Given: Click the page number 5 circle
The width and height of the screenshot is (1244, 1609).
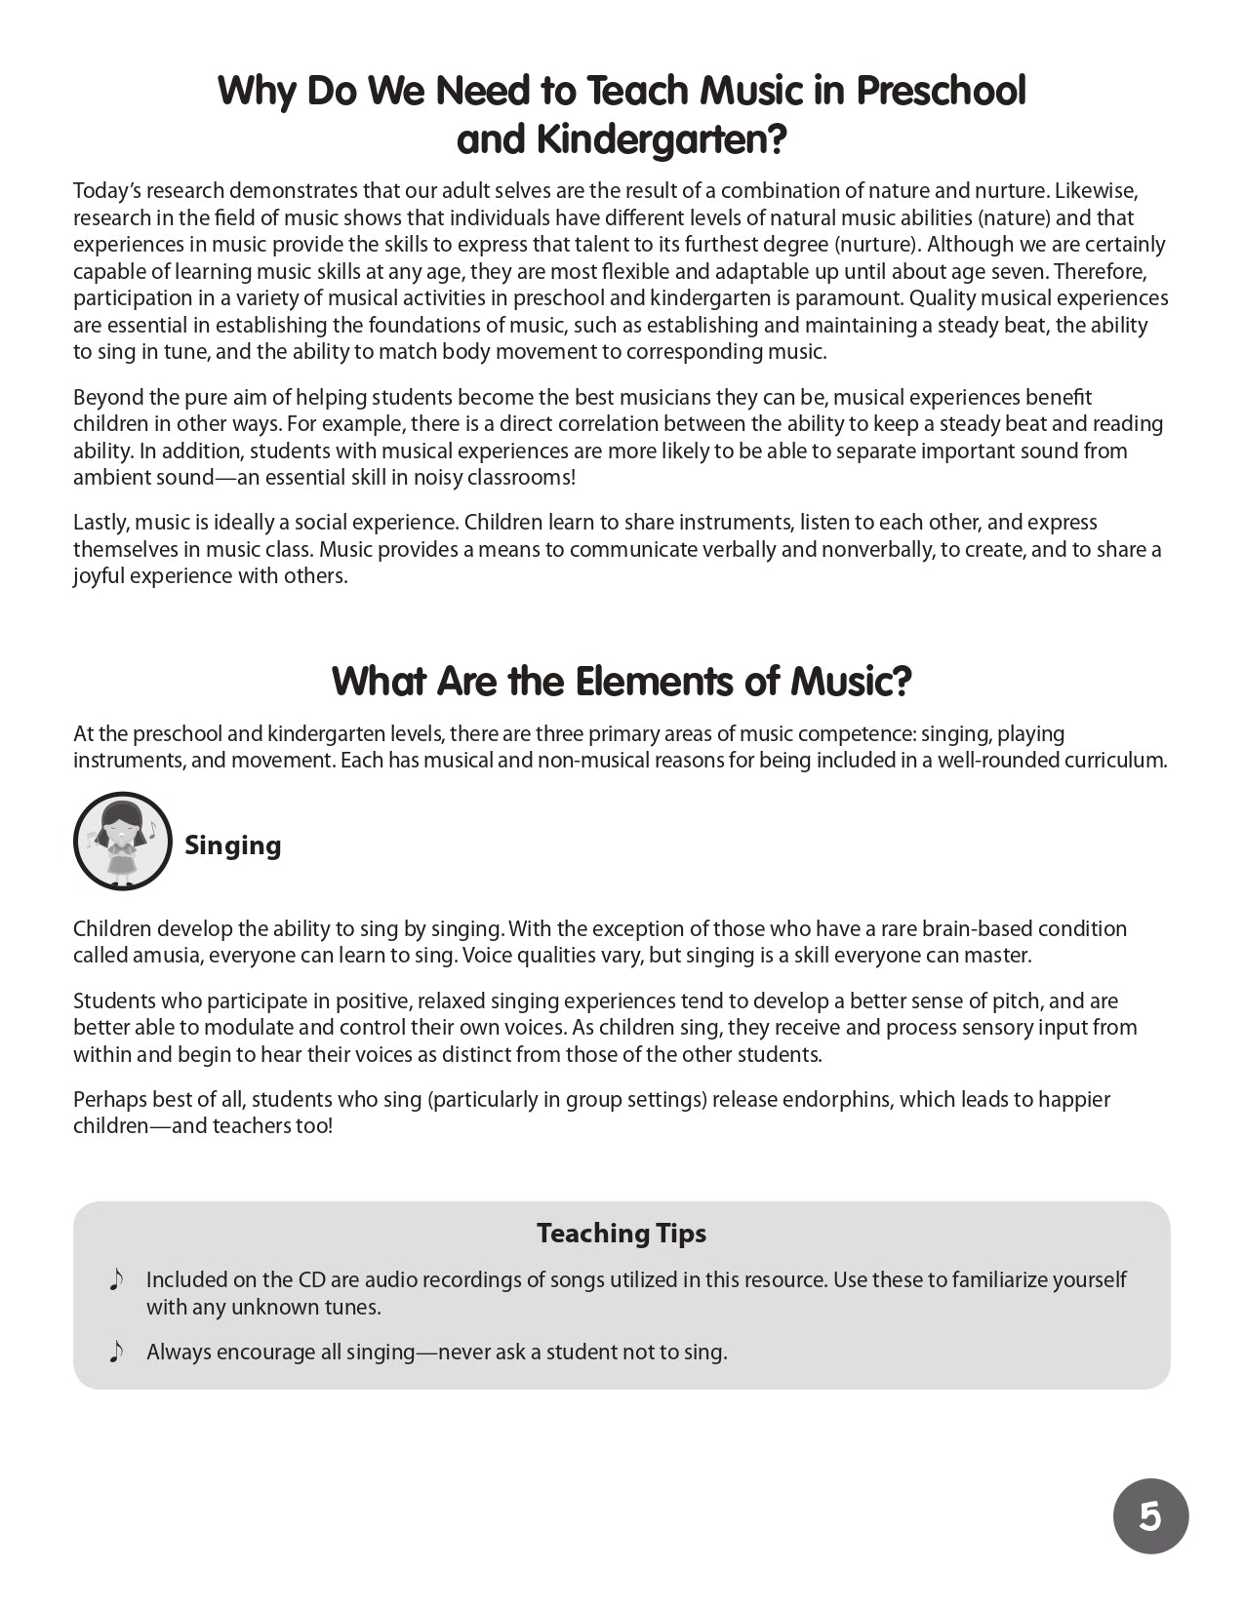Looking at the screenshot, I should pos(1150,1516).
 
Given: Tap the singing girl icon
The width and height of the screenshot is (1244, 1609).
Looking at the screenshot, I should pos(123,841).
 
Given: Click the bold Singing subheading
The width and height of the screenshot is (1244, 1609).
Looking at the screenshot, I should pos(232,844).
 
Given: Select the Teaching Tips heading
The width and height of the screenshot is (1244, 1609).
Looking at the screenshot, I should pos(621,1233).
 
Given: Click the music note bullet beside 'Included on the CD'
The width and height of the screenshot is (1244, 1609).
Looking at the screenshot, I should pos(116,1279).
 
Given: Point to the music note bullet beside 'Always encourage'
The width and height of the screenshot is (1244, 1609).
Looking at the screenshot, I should pos(116,1352).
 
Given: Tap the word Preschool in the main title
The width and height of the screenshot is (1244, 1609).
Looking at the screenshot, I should pos(941,91).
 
